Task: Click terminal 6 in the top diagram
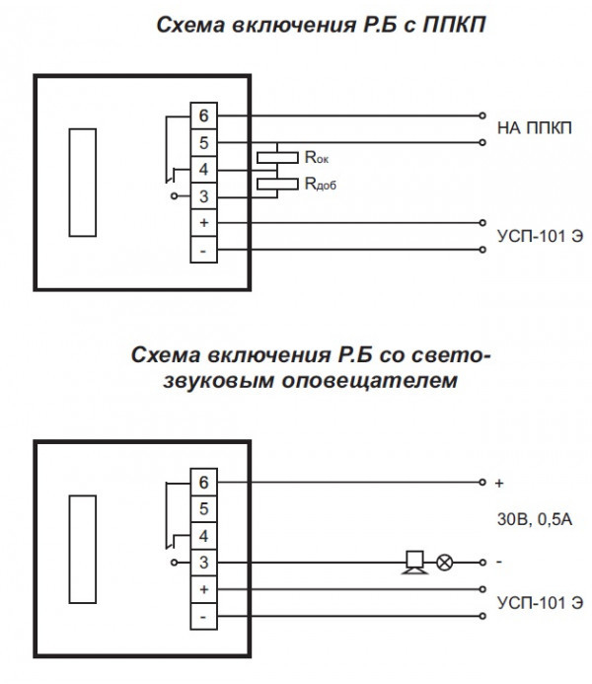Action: click(203, 115)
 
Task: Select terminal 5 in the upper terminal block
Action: click(203, 142)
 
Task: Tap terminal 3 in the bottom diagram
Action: click(203, 562)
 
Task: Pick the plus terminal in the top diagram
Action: click(203, 223)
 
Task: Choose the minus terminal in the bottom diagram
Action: click(203, 617)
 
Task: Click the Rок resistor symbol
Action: click(276, 156)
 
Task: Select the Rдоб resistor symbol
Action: click(276, 184)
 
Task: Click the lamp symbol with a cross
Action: click(445, 563)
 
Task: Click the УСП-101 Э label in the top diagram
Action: click(534, 237)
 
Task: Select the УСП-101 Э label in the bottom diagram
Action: click(534, 602)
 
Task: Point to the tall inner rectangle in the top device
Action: click(82, 181)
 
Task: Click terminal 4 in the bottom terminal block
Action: click(203, 536)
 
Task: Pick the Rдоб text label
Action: click(322, 184)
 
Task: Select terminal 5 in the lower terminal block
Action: click(203, 509)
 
